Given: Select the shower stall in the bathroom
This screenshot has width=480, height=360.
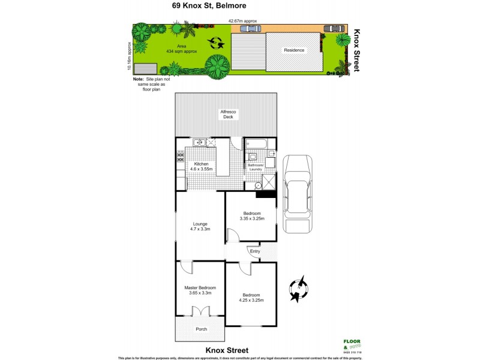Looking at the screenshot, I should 269,182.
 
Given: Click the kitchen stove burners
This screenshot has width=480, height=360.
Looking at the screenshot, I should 180,157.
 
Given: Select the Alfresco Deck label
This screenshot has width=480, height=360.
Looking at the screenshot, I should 228,113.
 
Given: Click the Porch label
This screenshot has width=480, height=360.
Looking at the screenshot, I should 201,329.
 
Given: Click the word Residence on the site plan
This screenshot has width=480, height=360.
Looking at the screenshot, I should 294,50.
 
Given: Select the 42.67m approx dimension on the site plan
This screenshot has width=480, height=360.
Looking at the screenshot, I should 242,21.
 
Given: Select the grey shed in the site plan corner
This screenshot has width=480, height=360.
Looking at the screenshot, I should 145,68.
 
